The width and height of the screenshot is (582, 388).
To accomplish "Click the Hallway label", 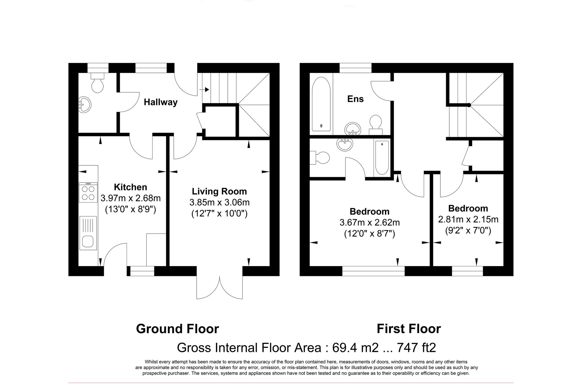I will click(161, 102).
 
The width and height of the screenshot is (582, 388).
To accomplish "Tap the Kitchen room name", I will click(130, 187).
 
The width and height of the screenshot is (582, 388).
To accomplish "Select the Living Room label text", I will click(219, 191).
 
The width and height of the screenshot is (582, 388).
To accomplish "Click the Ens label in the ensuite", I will click(355, 99).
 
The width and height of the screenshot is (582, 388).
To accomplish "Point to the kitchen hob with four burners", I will click(88, 192).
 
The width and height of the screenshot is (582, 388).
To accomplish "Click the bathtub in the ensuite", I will click(321, 104).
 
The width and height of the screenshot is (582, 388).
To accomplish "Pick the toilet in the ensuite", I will click(375, 124).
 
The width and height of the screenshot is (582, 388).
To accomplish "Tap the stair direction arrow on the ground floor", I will click(205, 89).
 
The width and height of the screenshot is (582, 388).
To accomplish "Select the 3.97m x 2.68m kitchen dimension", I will click(130, 198).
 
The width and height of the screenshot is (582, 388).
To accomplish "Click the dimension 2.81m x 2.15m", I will click(468, 219).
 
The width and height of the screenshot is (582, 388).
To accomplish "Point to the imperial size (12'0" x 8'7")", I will click(369, 234).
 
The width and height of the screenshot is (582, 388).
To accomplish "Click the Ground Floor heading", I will click(177, 329).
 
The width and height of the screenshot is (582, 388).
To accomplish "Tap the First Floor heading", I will click(409, 329).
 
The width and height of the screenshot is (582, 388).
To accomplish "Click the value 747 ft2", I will click(416, 348).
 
